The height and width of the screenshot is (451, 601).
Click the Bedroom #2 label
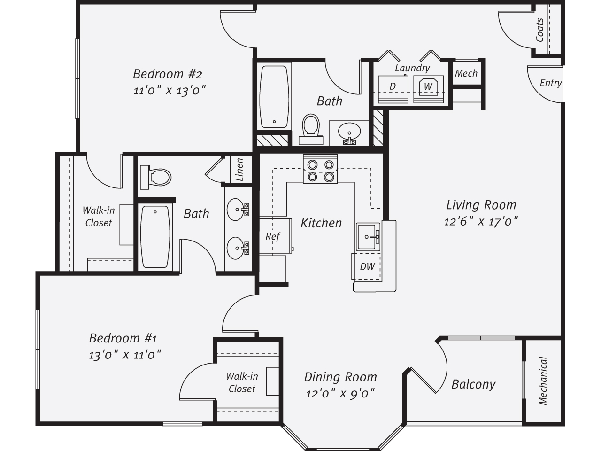pyautogui.click(x=168, y=74)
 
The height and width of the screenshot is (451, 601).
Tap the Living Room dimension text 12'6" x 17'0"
pyautogui.click(x=481, y=221)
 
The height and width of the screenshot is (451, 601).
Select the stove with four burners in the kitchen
pyautogui.click(x=320, y=169)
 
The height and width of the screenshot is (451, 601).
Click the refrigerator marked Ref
pyautogui.click(x=276, y=236)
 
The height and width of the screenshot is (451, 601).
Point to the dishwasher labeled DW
pyautogui.click(x=366, y=266)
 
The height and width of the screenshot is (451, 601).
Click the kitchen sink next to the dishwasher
pyautogui.click(x=368, y=237)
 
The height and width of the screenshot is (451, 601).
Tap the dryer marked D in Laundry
pyautogui.click(x=393, y=89)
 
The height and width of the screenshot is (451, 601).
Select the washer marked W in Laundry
pyautogui.click(x=429, y=89)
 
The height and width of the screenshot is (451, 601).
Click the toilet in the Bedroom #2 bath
pyautogui.click(x=311, y=129)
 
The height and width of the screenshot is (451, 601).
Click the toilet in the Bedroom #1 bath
pyautogui.click(x=155, y=177)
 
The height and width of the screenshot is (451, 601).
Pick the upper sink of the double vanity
pyautogui.click(x=238, y=210)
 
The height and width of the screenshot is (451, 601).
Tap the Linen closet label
pyautogui.click(x=239, y=169)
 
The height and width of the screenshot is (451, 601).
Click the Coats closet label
pyautogui.click(x=539, y=30)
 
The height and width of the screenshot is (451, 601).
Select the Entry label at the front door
pyautogui.click(x=551, y=83)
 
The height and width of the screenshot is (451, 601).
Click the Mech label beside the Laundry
pyautogui.click(x=466, y=73)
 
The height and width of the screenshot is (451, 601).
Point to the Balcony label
pyautogui.click(x=473, y=384)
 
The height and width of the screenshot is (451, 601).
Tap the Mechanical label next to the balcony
pyautogui.click(x=542, y=381)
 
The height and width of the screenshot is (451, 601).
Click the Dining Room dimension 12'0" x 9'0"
pyautogui.click(x=340, y=394)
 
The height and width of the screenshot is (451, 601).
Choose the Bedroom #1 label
pyautogui.click(x=123, y=338)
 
